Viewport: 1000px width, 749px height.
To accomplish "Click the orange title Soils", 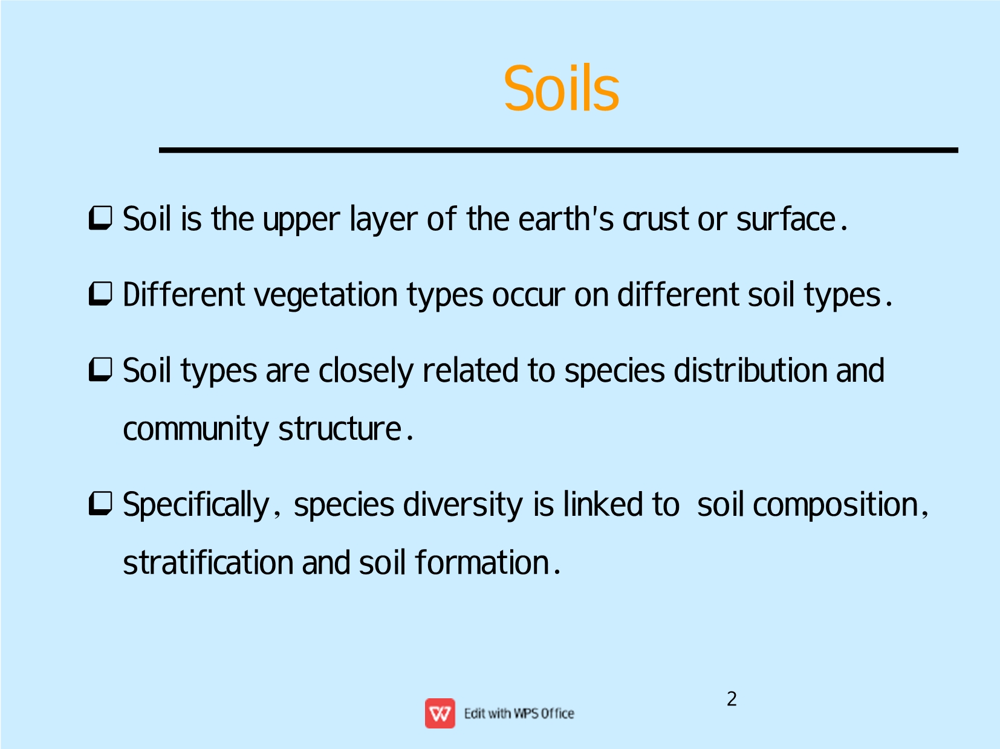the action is pyautogui.click(x=561, y=88).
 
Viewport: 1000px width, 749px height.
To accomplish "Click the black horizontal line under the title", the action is pyautogui.click(x=559, y=150).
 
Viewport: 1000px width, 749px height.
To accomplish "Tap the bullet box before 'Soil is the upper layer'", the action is pyautogui.click(x=100, y=219).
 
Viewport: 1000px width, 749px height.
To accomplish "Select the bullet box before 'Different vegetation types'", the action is pyautogui.click(x=100, y=294).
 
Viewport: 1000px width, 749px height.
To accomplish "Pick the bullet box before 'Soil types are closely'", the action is pyautogui.click(x=100, y=370).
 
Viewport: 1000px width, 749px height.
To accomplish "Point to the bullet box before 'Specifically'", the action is pyautogui.click(x=100, y=504).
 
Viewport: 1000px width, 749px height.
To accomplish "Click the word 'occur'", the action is pyautogui.click(x=528, y=296).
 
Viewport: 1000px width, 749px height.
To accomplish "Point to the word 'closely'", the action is pyautogui.click(x=365, y=371).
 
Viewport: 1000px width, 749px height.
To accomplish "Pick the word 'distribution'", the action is pyautogui.click(x=750, y=370).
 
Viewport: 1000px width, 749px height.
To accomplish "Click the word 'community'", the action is pyautogui.click(x=196, y=429).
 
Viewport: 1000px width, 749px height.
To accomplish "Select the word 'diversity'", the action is pyautogui.click(x=463, y=505).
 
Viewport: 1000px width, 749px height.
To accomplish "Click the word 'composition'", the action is pyautogui.click(x=836, y=505).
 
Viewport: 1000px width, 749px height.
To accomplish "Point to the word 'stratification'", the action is pyautogui.click(x=208, y=562).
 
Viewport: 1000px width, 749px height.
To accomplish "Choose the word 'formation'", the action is pyautogui.click(x=481, y=562).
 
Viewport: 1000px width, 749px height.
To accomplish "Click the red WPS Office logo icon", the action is pyautogui.click(x=440, y=713).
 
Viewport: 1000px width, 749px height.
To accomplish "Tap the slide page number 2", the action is pyautogui.click(x=732, y=699).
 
